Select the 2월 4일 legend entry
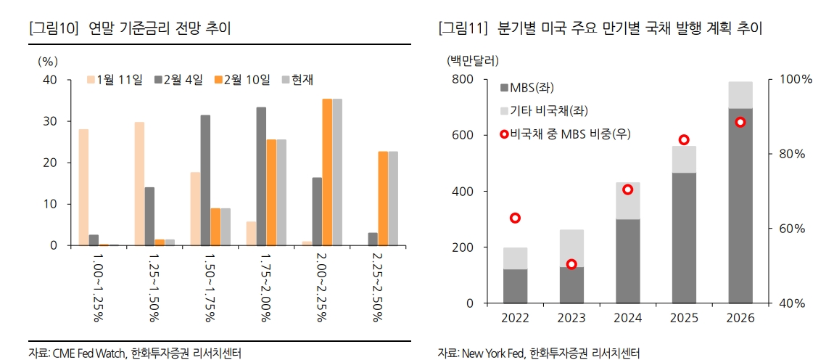[x=178, y=79]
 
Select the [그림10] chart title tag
[x=51, y=28]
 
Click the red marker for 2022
[x=516, y=218]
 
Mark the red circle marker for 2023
[x=571, y=264]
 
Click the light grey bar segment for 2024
[x=628, y=200]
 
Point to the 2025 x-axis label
[x=684, y=319]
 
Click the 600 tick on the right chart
[x=462, y=135]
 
